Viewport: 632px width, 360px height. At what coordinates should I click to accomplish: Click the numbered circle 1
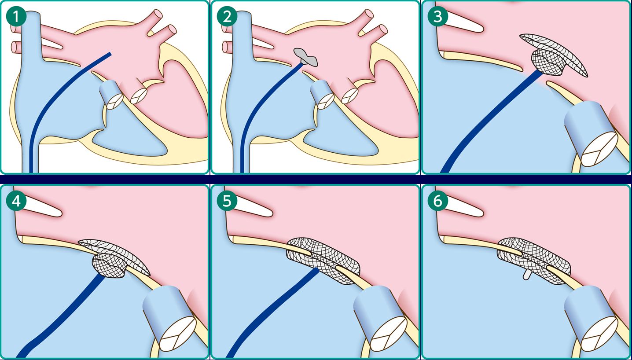click(16, 16)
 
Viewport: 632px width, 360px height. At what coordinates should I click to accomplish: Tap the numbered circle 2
click(227, 16)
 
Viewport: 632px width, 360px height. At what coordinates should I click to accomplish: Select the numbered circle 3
click(437, 16)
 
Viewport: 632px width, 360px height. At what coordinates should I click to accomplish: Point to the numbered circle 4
click(16, 201)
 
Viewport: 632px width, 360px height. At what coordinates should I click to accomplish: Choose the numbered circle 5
click(227, 201)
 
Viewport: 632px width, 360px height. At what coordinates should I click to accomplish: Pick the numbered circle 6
click(437, 201)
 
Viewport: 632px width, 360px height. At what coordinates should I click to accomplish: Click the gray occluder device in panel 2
click(306, 57)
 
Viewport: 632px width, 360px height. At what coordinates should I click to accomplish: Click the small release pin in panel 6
click(526, 275)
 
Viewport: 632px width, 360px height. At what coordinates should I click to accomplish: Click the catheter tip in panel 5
click(316, 270)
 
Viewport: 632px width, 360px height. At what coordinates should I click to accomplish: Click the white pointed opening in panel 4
click(41, 207)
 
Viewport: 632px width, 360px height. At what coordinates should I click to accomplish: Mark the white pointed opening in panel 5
click(252, 207)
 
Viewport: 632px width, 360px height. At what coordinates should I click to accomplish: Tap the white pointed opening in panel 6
click(463, 207)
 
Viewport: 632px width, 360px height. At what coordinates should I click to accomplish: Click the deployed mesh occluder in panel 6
click(533, 260)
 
